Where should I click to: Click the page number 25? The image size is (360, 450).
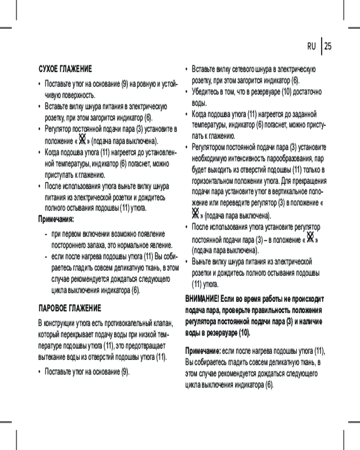point(328,46)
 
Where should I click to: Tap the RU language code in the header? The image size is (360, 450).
point(312,46)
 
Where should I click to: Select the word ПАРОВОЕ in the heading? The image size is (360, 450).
point(53,309)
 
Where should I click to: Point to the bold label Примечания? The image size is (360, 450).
point(56,219)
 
